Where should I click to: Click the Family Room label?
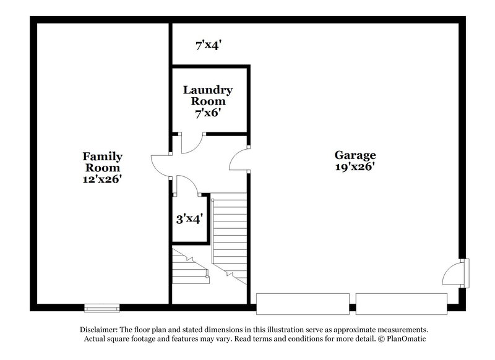pyautogui.click(x=103, y=162)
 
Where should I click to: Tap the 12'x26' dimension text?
pyautogui.click(x=103, y=179)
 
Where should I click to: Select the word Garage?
pyautogui.click(x=355, y=155)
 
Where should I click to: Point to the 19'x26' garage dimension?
pyautogui.click(x=355, y=166)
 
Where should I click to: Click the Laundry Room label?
pyautogui.click(x=208, y=95)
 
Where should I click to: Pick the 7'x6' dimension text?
pyautogui.click(x=208, y=113)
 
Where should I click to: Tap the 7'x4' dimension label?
pyautogui.click(x=209, y=45)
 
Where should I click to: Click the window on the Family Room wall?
pyautogui.click(x=101, y=307)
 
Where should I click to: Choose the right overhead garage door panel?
pyautogui.click(x=401, y=303)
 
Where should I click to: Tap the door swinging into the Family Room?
pyautogui.click(x=160, y=165)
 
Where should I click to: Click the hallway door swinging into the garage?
pyautogui.click(x=239, y=160)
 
